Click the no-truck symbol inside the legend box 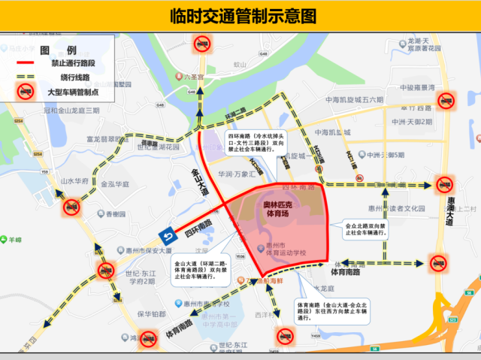pos(26,92)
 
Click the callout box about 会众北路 pos(367,228)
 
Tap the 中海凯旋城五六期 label pos(349,100)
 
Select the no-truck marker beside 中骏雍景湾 pos(446,101)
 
